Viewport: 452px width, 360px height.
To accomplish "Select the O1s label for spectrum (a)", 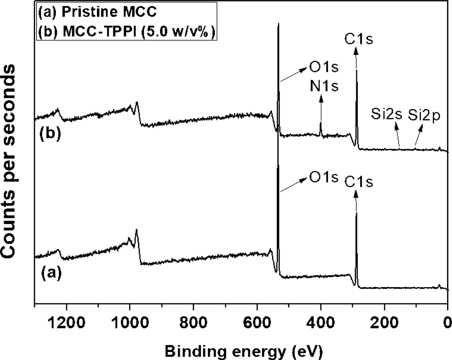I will pos(323,178).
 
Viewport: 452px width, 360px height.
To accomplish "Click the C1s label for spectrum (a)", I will pos(358,181).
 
